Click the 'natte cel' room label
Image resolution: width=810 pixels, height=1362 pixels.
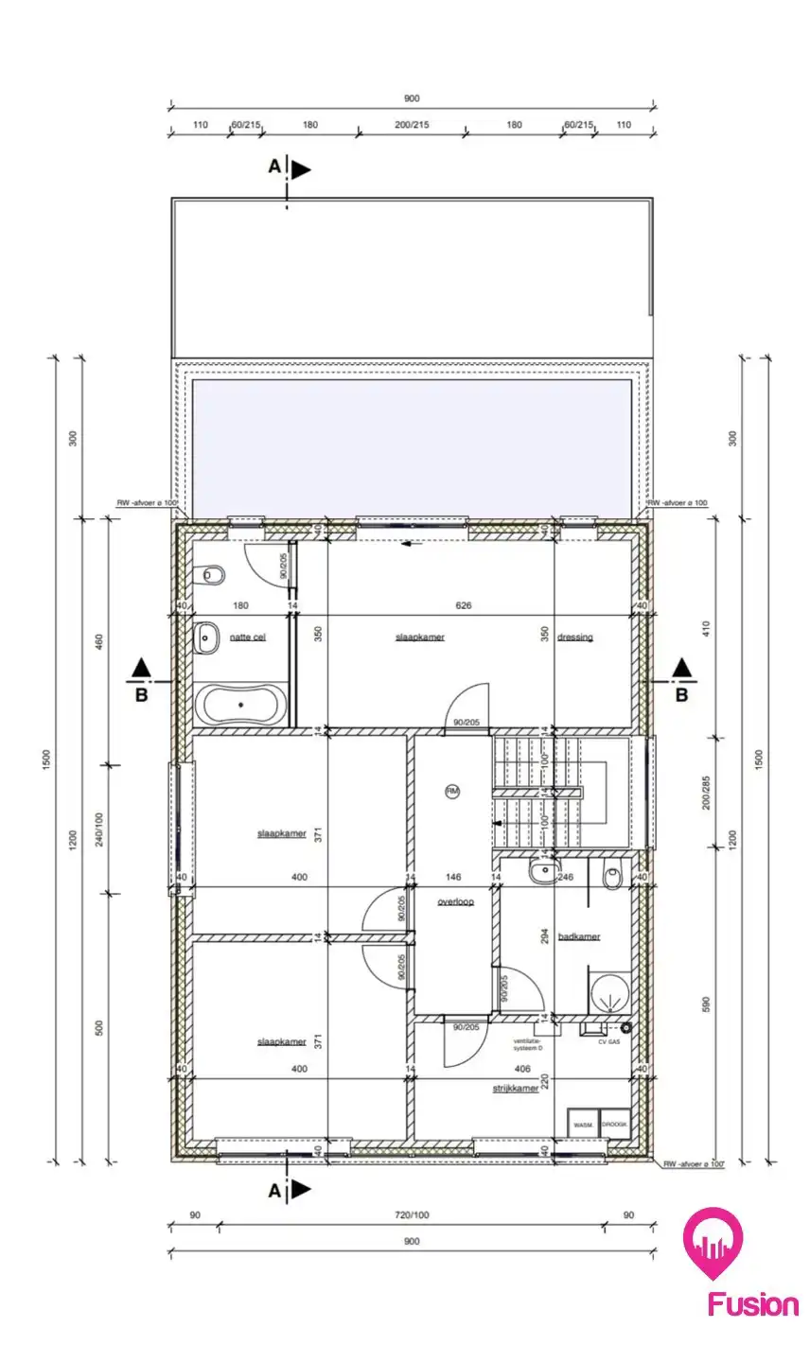(x=247, y=637)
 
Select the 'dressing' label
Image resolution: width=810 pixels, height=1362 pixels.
(x=575, y=637)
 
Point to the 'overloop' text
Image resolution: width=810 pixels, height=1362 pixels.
(x=455, y=902)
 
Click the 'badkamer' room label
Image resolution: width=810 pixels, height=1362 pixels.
(x=579, y=936)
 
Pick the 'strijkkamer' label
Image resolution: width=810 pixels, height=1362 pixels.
(x=515, y=1089)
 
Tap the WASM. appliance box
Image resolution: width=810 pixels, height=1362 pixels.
(x=582, y=1125)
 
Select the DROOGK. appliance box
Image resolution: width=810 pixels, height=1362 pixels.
(x=614, y=1125)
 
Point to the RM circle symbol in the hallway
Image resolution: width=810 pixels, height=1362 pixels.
(x=452, y=791)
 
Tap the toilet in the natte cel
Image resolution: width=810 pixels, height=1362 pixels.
(x=210, y=575)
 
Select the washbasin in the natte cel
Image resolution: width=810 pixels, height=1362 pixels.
(x=207, y=638)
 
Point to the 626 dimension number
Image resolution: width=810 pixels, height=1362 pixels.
(x=463, y=605)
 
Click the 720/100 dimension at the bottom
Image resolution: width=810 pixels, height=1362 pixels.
(x=412, y=1215)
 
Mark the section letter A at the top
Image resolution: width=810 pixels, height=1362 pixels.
(x=274, y=166)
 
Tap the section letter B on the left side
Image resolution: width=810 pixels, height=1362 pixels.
(x=141, y=695)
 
